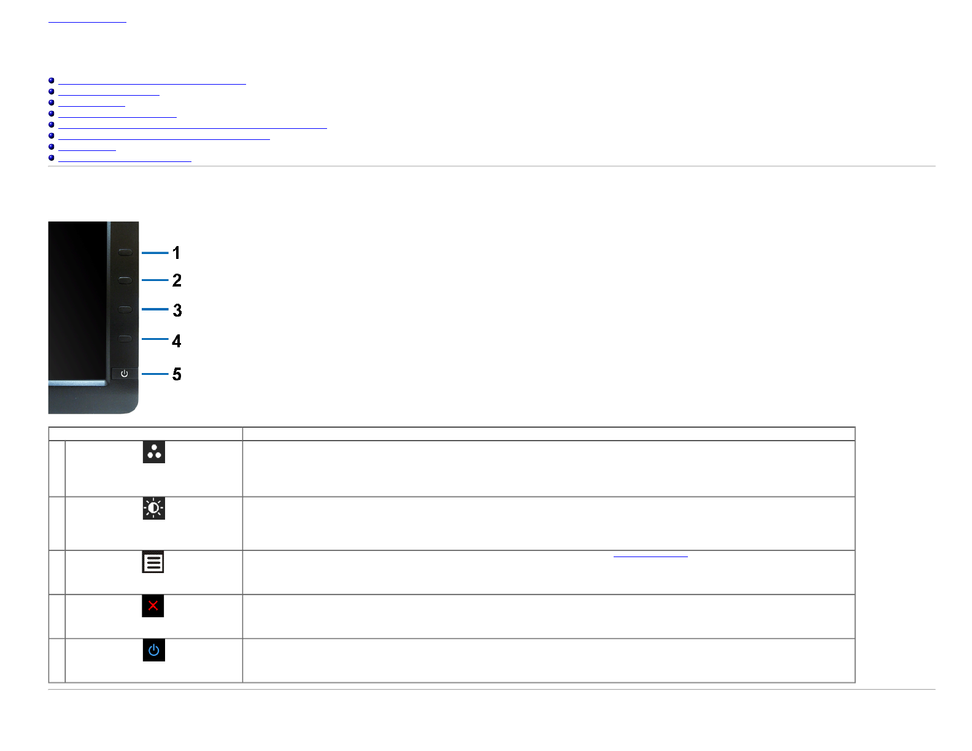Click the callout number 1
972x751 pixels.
click(176, 253)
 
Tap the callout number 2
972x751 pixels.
click(177, 280)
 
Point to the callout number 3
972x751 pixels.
click(177, 310)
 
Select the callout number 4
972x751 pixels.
click(177, 341)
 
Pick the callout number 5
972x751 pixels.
click(177, 374)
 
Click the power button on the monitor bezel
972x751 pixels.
click(125, 373)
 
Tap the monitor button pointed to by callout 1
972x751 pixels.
click(125, 252)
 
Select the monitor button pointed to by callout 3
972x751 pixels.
click(125, 309)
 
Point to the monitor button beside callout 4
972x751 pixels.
click(125, 339)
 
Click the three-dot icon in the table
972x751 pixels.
click(153, 452)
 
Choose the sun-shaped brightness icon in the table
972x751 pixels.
click(153, 508)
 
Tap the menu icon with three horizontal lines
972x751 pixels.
click(153, 562)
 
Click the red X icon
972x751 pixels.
click(153, 606)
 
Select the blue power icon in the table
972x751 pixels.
click(153, 650)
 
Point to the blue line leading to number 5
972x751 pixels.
click(155, 374)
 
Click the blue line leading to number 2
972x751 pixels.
click(155, 280)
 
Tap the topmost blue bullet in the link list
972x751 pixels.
click(52, 80)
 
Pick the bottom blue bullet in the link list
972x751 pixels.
click(52, 158)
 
